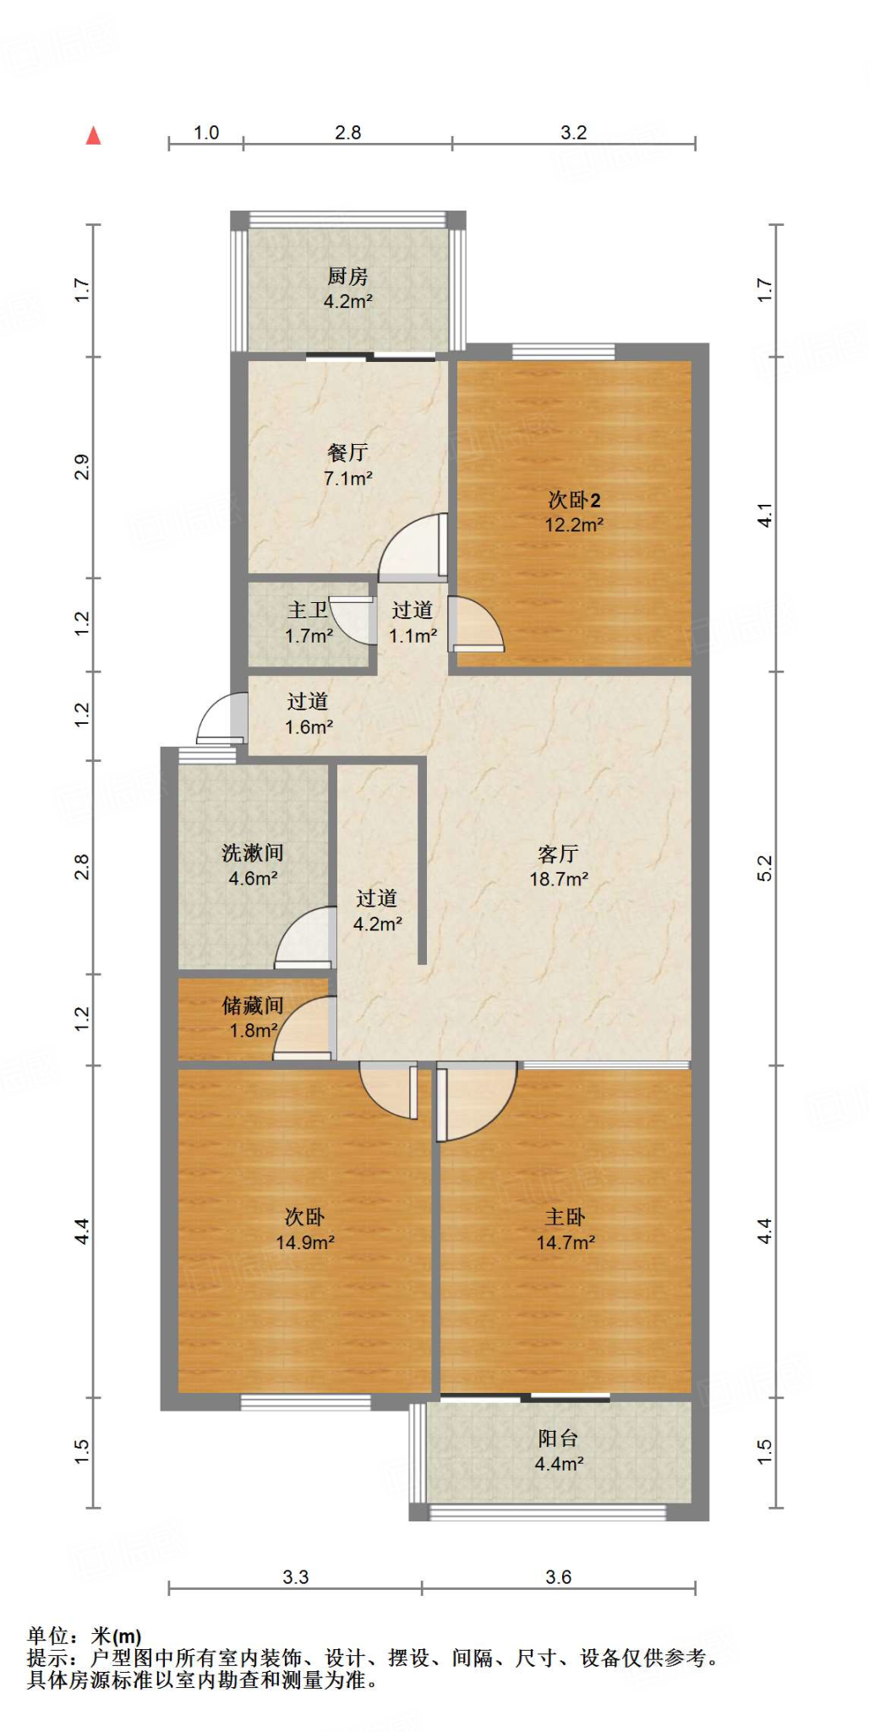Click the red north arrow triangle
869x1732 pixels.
[93, 136]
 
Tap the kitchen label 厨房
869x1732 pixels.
[347, 277]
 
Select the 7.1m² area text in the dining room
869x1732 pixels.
[347, 479]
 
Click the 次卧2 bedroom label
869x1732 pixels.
[574, 500]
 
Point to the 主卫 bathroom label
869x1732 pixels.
[308, 610]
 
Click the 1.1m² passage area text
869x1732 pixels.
[413, 636]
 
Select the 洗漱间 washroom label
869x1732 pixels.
[253, 852]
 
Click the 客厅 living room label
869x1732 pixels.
[558, 853]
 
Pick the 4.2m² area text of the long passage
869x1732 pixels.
[377, 924]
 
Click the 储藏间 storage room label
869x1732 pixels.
[253, 1006]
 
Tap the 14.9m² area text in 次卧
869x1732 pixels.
[304, 1242]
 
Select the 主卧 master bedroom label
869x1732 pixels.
[565, 1217]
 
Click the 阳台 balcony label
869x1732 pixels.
[558, 1439]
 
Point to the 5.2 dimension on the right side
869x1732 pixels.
[764, 869]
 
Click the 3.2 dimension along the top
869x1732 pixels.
[573, 133]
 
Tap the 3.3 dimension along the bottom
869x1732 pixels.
[295, 1577]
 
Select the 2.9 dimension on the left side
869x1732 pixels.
[82, 468]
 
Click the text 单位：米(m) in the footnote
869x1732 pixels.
[84, 1636]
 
